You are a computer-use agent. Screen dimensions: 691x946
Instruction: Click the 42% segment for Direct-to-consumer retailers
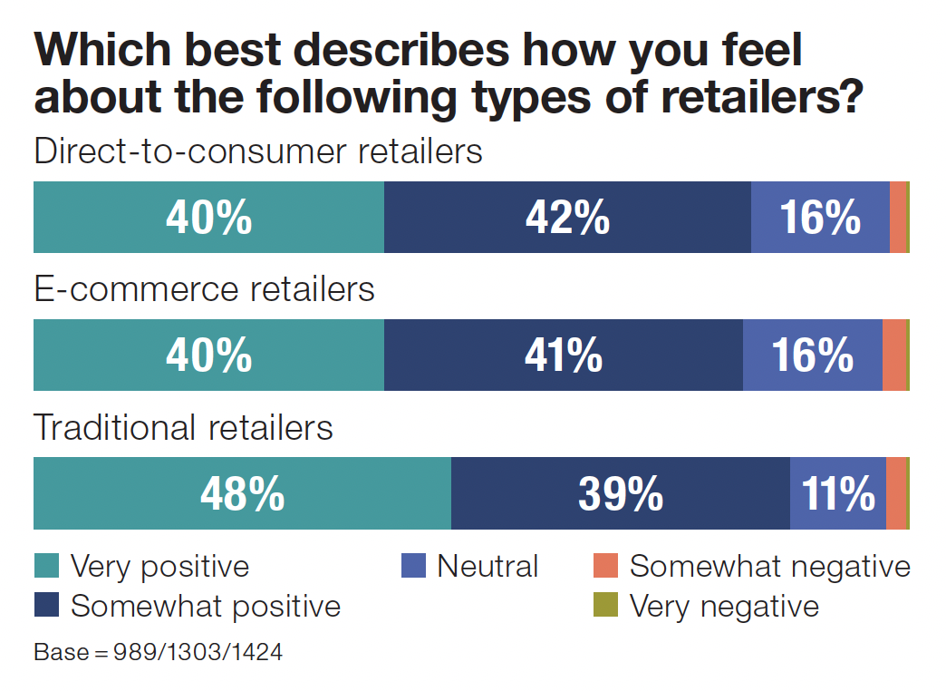[x=567, y=218]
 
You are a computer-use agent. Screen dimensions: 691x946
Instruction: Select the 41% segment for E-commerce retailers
[x=563, y=355]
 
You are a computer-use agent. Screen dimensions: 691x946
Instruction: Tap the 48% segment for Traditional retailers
[x=242, y=493]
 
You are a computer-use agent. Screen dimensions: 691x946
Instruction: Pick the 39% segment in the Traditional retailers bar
[x=620, y=493]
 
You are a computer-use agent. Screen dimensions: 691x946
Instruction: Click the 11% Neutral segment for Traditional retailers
[x=837, y=493]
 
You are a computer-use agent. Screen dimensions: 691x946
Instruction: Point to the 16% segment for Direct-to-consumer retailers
[x=820, y=218]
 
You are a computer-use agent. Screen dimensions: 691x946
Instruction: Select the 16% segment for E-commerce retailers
[x=812, y=355]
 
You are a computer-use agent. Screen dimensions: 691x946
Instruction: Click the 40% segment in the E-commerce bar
[x=208, y=355]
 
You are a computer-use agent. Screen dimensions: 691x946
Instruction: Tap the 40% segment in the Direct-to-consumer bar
[x=208, y=218]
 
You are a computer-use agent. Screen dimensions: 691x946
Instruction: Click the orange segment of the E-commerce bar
[x=893, y=355]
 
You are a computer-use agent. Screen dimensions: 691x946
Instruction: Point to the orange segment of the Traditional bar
[x=895, y=493]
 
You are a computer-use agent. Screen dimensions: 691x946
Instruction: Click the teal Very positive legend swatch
[x=46, y=566]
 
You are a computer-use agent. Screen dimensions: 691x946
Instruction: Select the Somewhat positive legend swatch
[x=46, y=605]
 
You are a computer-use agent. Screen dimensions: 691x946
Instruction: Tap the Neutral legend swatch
[x=413, y=566]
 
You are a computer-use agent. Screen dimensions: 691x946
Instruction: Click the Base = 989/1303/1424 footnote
[x=158, y=653]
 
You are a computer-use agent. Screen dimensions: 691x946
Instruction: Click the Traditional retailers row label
[x=183, y=427]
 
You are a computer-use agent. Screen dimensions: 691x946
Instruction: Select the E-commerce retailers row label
[x=204, y=289]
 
